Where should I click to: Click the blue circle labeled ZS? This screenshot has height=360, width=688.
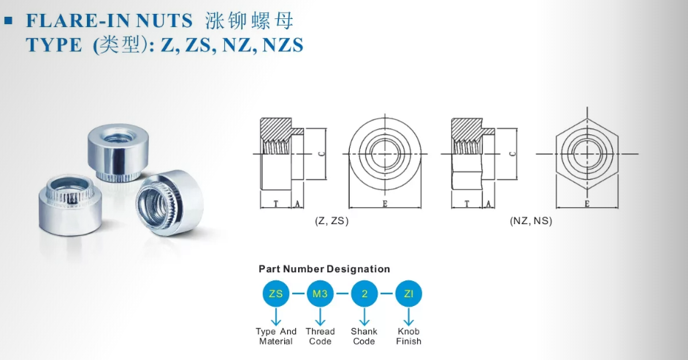click(276, 294)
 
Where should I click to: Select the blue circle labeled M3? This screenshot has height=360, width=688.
click(321, 294)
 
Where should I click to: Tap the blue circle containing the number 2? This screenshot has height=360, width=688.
click(364, 294)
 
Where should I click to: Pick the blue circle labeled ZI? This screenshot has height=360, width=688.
click(408, 294)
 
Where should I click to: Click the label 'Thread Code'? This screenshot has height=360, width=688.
click(321, 337)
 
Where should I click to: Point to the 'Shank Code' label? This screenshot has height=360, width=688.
click(364, 337)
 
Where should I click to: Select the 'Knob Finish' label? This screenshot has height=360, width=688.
click(408, 337)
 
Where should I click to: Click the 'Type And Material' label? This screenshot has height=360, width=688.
click(276, 337)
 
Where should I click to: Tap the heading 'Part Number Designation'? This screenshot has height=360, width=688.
click(324, 269)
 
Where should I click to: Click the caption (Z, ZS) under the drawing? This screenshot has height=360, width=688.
click(332, 221)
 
